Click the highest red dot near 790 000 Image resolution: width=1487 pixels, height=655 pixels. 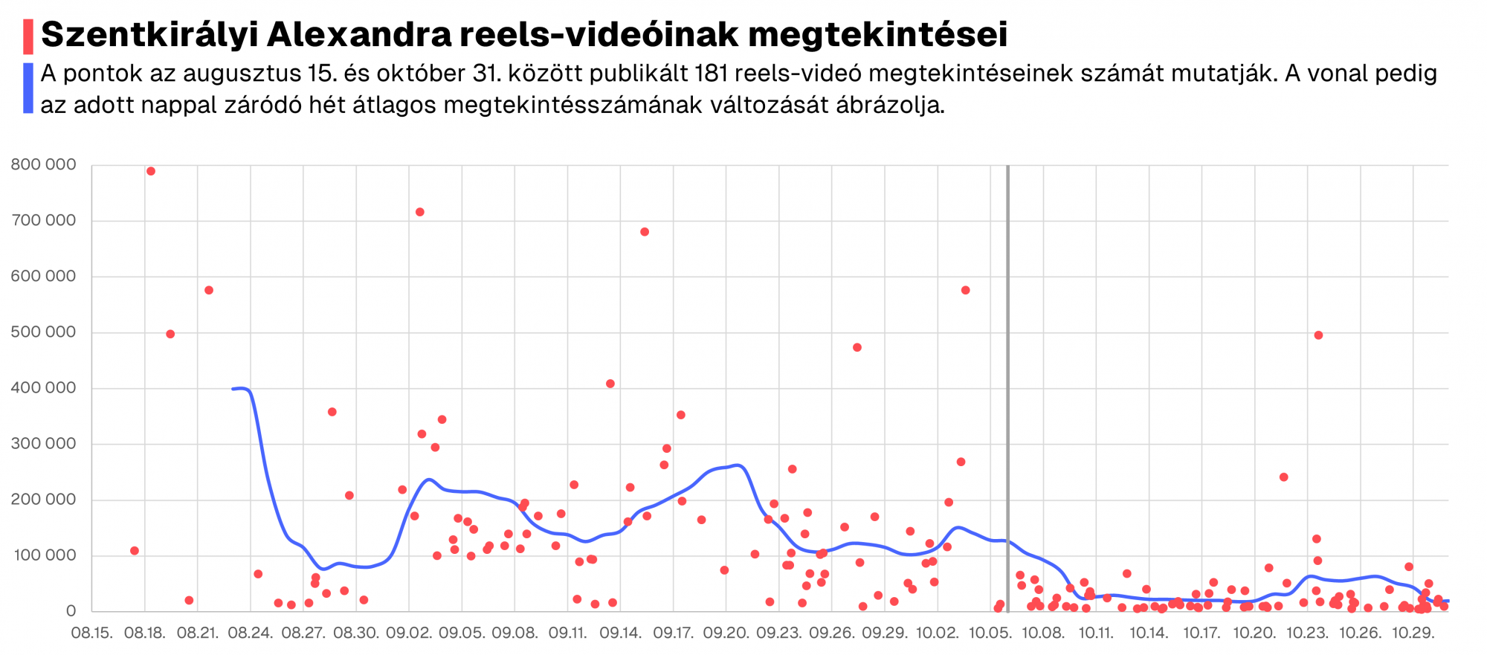[x=151, y=171]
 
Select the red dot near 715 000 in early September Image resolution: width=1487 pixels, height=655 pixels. [x=420, y=212]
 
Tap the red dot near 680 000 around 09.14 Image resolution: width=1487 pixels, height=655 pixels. [x=645, y=232]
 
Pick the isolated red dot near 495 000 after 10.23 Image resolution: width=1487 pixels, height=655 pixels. [x=1318, y=335]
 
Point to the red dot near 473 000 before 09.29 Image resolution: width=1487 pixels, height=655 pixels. [x=857, y=347]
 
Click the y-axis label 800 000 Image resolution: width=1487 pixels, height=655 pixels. [x=43, y=164]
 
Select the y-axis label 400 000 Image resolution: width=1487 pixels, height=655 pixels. [x=43, y=387]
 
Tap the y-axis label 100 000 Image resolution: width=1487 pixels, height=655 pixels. [x=43, y=555]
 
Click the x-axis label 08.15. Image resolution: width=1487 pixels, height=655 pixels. [x=91, y=633]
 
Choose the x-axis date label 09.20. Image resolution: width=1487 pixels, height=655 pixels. [x=726, y=633]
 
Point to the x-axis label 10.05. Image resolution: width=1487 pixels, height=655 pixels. [x=990, y=633]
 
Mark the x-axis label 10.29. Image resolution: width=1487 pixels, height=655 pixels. [x=1413, y=633]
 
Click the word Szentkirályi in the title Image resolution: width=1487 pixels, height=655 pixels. [x=146, y=35]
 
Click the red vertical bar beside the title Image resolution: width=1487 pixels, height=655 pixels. [x=28, y=36]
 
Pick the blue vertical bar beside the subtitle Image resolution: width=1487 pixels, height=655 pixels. [x=28, y=88]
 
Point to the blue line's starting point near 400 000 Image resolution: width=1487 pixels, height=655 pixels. [x=233, y=389]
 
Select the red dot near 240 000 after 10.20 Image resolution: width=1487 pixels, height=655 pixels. [x=1283, y=477]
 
